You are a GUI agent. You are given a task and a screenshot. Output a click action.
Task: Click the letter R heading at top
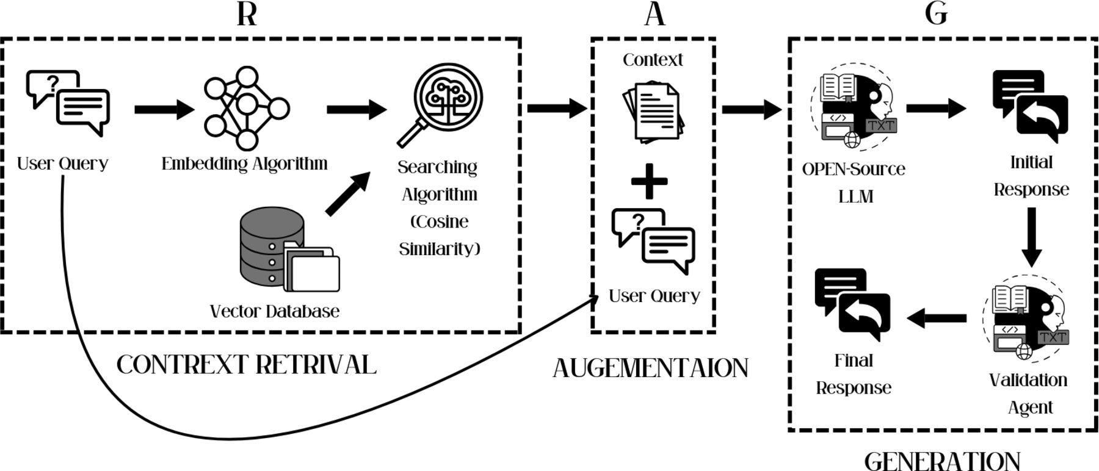tap(247, 13)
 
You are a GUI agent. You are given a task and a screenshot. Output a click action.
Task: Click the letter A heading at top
tap(655, 13)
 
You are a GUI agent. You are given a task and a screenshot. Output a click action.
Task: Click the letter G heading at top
tap(936, 13)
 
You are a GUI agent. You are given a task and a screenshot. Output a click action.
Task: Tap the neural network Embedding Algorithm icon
tap(246, 109)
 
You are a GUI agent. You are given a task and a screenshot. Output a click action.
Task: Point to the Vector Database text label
tap(274, 311)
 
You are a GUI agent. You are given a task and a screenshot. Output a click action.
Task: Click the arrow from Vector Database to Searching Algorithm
tap(348, 194)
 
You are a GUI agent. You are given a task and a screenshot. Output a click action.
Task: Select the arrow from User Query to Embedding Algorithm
tap(164, 110)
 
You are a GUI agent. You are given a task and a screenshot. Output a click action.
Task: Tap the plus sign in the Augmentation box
tap(648, 181)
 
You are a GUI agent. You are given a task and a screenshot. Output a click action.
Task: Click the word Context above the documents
tap(653, 60)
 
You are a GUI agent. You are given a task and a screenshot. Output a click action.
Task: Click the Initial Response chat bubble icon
tap(1030, 102)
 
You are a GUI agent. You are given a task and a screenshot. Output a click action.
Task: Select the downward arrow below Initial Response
tap(1031, 237)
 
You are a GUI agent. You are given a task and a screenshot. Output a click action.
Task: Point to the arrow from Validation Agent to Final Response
tap(937, 318)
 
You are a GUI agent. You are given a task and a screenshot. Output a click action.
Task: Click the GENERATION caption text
tap(942, 461)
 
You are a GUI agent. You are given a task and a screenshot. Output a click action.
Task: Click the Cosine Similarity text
tap(440, 235)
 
